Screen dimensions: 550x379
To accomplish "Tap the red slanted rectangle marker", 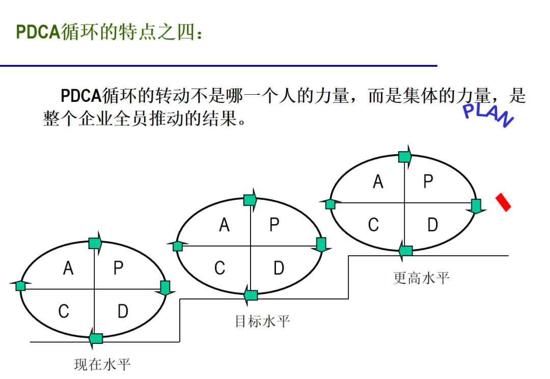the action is tap(504, 202).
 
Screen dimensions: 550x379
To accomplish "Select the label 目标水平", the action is tap(262, 321).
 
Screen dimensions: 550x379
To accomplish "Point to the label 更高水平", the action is tap(421, 278).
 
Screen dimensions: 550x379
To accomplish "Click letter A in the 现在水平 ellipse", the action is tap(68, 268).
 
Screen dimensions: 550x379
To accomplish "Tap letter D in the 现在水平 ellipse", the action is tap(123, 311).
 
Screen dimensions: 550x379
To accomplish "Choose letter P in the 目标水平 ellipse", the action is tap(274, 224).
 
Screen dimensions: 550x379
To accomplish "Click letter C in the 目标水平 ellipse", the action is tap(219, 268).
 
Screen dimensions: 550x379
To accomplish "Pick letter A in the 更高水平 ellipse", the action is tap(378, 181).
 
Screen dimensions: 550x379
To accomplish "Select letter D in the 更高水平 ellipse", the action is tap(432, 224).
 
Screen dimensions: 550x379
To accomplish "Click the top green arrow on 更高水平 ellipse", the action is tap(405, 156).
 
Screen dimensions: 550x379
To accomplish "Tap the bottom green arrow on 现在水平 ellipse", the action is tap(95, 338).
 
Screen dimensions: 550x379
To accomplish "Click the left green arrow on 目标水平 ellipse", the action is tap(177, 247).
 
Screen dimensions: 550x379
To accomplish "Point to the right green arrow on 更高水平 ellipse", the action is tap(476, 206).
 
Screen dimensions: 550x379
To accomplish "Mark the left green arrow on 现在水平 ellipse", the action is tap(20, 286).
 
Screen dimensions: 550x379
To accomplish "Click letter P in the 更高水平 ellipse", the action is tap(428, 181).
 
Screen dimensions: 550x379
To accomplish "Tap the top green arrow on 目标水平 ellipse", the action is tap(250, 200).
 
